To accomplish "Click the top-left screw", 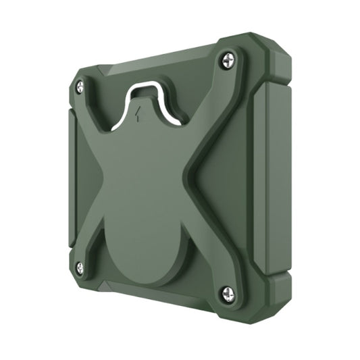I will click(x=80, y=86).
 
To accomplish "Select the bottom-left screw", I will click(x=80, y=269).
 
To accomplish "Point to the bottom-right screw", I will click(x=228, y=292).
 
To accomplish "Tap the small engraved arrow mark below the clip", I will click(x=138, y=113).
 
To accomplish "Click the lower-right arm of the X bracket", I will click(x=203, y=250).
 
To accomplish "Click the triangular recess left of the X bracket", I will click(x=84, y=176).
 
